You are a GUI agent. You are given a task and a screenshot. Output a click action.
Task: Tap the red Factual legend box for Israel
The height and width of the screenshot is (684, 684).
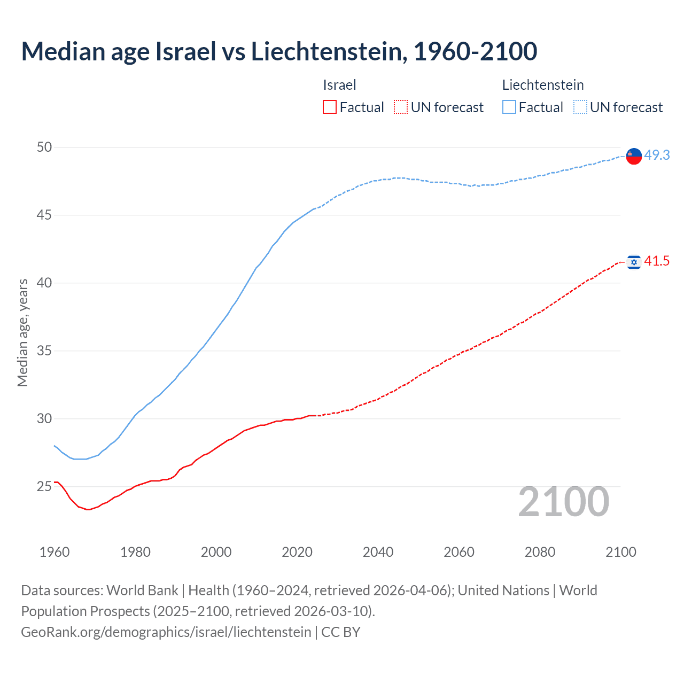330,107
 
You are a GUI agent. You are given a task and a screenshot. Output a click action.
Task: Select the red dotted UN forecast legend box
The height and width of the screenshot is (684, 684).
401,107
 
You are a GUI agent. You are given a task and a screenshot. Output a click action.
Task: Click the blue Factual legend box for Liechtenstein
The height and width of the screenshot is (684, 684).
509,107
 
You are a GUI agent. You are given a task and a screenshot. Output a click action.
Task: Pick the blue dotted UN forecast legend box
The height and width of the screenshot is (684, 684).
580,107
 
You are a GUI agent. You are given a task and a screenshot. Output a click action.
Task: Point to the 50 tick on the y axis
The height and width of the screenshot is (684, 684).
44,147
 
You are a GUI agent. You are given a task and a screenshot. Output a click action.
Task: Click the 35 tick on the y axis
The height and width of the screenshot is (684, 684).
44,351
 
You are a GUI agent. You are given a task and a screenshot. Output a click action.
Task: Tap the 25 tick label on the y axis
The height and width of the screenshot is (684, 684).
44,487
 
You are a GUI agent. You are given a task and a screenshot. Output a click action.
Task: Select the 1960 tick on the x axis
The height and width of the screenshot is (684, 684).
55,552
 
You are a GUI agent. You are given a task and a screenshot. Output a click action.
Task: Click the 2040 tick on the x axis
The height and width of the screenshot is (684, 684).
378,552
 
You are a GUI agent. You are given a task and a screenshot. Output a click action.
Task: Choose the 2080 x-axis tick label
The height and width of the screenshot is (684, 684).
540,552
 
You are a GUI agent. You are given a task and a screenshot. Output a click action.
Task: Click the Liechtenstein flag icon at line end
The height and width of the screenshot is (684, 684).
634,156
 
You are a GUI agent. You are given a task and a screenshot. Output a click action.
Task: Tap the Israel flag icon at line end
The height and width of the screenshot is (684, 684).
634,262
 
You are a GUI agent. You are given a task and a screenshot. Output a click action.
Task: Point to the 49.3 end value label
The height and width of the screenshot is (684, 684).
657,155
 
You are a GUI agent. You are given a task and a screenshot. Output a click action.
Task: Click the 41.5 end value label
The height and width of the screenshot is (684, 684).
657,261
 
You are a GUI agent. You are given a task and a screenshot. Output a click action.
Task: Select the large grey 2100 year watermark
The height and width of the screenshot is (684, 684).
564,502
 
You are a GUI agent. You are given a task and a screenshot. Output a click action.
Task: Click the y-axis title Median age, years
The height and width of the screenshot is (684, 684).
22,332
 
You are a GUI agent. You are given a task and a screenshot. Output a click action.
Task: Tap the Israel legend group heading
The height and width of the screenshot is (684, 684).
339,85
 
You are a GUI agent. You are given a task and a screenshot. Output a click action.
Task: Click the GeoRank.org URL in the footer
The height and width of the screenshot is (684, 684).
166,632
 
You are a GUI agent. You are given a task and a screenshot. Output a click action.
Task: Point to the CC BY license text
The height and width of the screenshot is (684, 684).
341,632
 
